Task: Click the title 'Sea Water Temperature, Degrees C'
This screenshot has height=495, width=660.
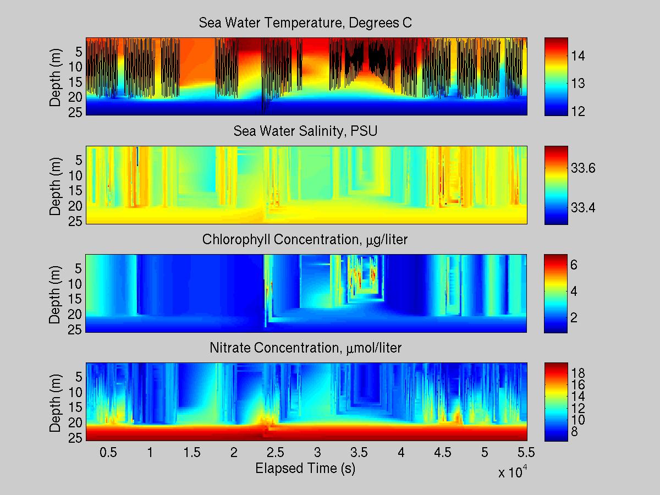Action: pos(305,23)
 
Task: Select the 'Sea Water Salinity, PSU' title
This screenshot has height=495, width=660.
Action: pos(305,131)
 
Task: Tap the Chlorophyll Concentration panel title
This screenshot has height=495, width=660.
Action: pos(305,240)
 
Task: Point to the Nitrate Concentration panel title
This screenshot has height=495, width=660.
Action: pos(305,348)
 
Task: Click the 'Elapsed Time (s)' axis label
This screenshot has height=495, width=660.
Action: pos(305,469)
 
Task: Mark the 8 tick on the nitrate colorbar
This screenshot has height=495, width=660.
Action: pos(578,431)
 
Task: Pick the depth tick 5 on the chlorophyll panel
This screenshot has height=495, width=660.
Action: pos(78,269)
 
